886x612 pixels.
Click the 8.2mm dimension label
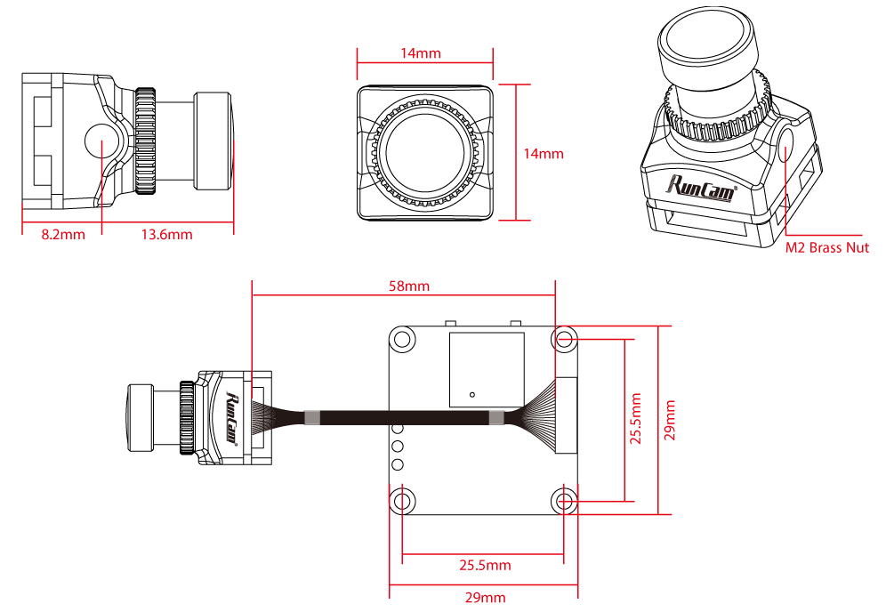[x=62, y=235]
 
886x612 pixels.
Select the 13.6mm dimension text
[x=166, y=235]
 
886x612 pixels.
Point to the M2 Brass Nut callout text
[x=827, y=248]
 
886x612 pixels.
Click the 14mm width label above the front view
[x=420, y=53]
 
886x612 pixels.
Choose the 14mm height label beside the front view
[x=543, y=154]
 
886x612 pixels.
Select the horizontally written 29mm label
[x=486, y=597]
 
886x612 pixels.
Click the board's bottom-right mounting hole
[x=564, y=501]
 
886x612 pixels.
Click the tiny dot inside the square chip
[x=472, y=394]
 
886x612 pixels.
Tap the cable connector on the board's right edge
[x=566, y=415]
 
